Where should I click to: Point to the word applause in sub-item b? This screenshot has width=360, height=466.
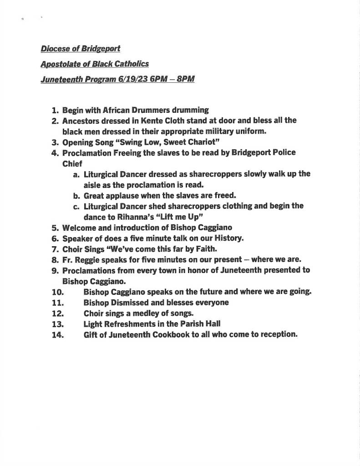tap(123, 195)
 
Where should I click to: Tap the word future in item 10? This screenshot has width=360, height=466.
tap(212, 292)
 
